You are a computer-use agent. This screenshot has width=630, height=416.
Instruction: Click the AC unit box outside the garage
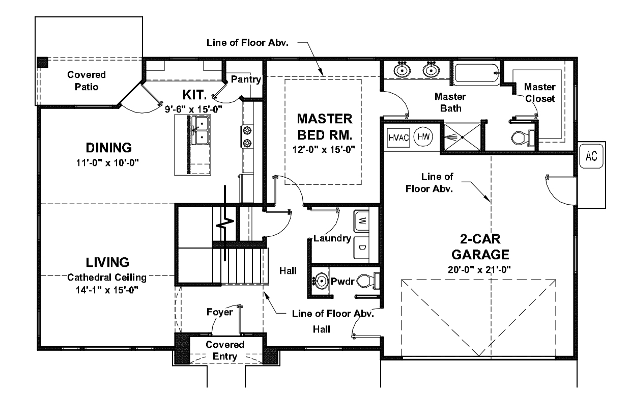point(591,156)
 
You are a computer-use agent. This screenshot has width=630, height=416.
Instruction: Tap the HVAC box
point(399,137)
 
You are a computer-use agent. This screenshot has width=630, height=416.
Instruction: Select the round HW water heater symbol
point(422,137)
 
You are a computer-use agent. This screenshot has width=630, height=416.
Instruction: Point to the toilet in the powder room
point(367,281)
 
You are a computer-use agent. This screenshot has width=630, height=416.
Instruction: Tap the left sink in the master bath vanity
point(403,70)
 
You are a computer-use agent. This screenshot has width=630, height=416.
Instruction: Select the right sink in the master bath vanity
point(431,70)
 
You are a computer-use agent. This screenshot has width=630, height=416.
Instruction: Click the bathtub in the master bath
point(476,75)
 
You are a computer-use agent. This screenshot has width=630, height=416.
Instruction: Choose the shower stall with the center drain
point(462,136)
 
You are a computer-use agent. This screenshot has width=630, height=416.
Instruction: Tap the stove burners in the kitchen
point(248,137)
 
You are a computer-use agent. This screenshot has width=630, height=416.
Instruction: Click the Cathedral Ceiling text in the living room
point(107,278)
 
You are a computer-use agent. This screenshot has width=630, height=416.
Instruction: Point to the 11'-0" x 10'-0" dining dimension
point(108,163)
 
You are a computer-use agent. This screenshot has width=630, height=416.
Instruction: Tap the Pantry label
point(246,79)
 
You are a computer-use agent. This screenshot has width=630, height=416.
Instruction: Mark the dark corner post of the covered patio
point(43,62)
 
